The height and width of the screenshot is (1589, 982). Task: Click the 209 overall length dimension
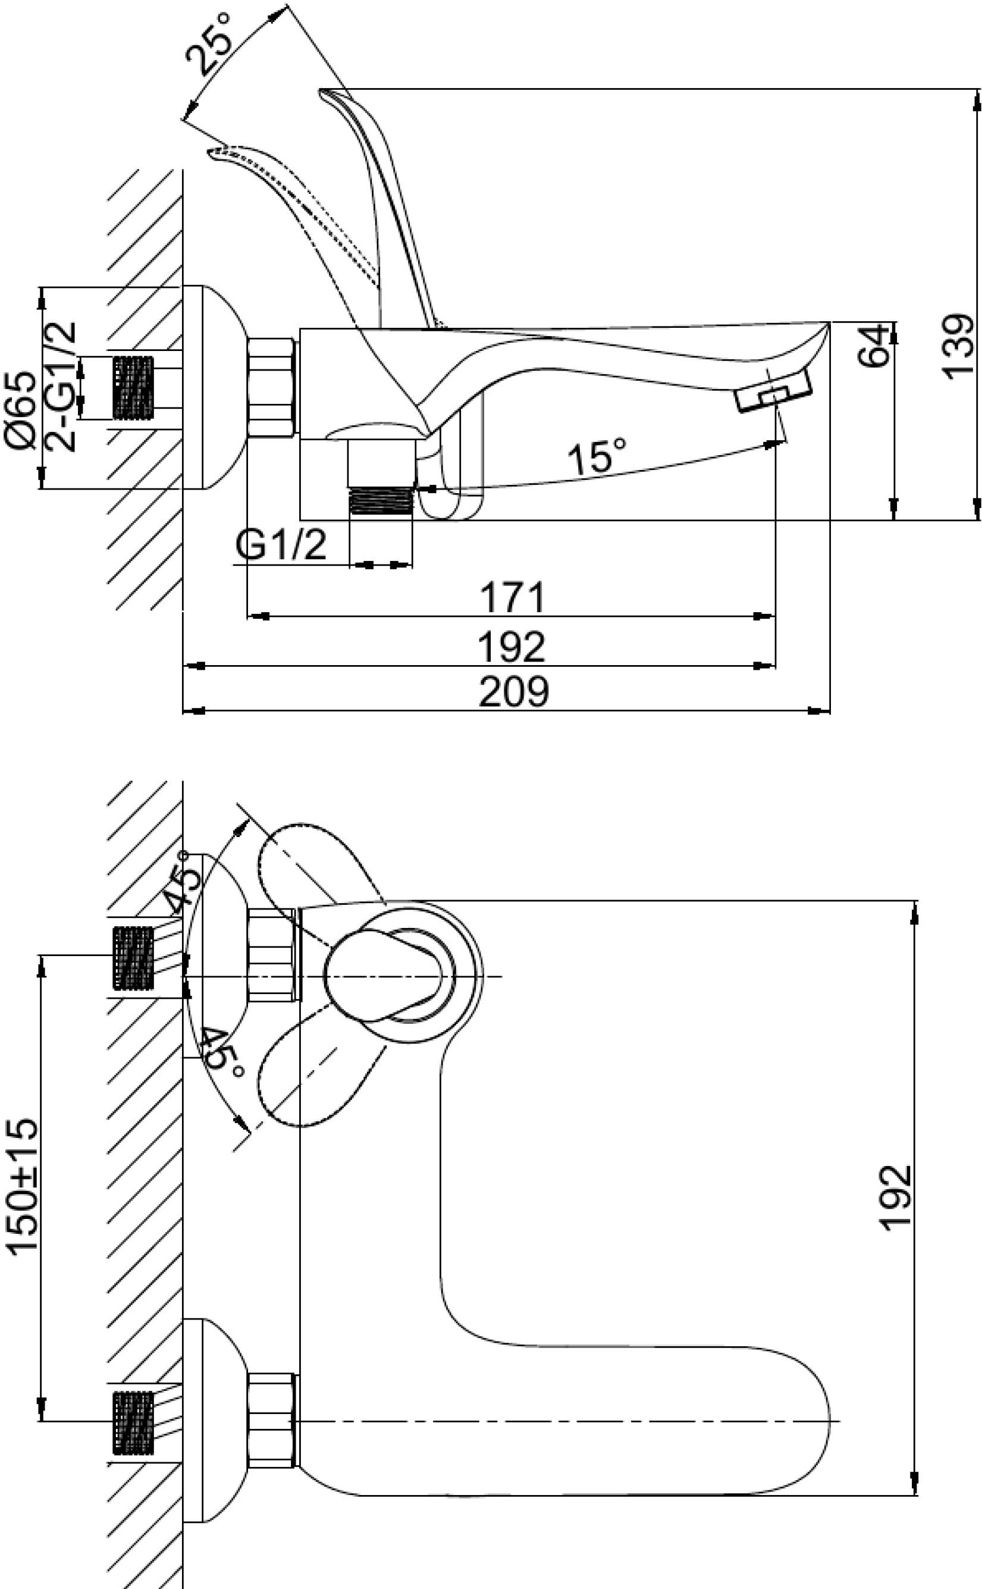pyautogui.click(x=513, y=692)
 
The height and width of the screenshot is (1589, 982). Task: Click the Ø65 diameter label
pyautogui.click(x=22, y=410)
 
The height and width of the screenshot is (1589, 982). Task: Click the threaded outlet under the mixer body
pyautogui.click(x=381, y=500)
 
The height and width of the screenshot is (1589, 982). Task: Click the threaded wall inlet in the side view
pyautogui.click(x=133, y=387)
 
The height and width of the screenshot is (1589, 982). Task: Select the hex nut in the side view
pyautogui.click(x=271, y=387)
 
